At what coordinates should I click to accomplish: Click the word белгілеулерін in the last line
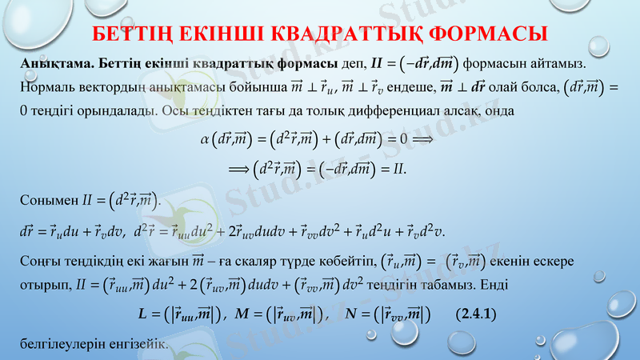58,344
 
